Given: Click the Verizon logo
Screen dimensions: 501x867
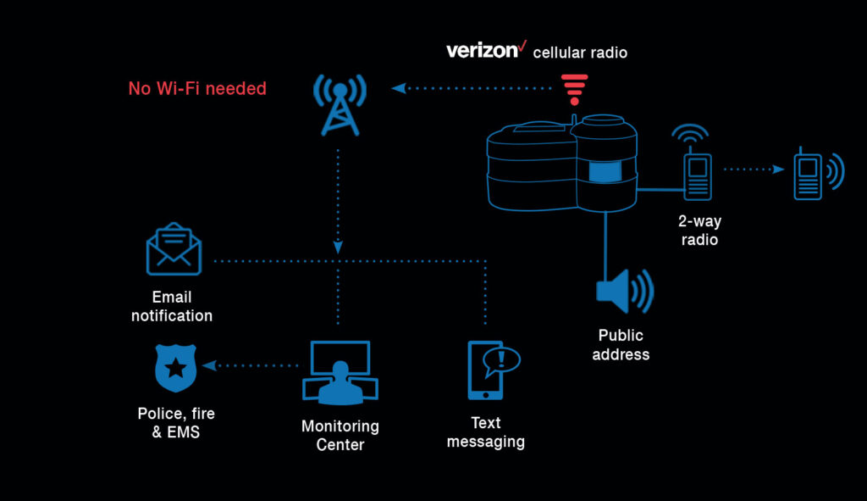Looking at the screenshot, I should pyautogui.click(x=486, y=50).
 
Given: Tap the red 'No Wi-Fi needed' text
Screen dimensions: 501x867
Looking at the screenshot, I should pyautogui.click(x=197, y=88).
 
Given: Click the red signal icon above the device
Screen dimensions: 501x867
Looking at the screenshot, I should pyautogui.click(x=574, y=88).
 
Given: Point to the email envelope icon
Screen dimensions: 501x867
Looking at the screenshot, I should pyautogui.click(x=174, y=249).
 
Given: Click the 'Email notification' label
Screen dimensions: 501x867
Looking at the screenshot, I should pyautogui.click(x=172, y=306).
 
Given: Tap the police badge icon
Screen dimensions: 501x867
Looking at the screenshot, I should pyautogui.click(x=175, y=367).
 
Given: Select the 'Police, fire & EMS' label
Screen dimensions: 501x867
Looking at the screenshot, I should pyautogui.click(x=176, y=422).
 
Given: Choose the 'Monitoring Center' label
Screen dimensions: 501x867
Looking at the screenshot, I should pyautogui.click(x=340, y=435).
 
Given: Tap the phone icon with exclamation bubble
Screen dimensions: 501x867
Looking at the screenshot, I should pyautogui.click(x=492, y=370).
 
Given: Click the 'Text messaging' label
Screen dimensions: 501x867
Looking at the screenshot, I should pyautogui.click(x=486, y=431).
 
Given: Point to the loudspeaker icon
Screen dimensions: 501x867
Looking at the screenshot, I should pyautogui.click(x=624, y=291).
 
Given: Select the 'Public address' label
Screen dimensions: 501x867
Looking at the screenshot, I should pyautogui.click(x=621, y=344).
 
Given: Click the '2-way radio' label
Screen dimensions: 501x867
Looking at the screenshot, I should pyautogui.click(x=700, y=231).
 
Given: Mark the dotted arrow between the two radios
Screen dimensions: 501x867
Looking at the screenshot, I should pyautogui.click(x=754, y=169).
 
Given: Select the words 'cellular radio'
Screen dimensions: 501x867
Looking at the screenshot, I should pyautogui.click(x=580, y=53).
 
